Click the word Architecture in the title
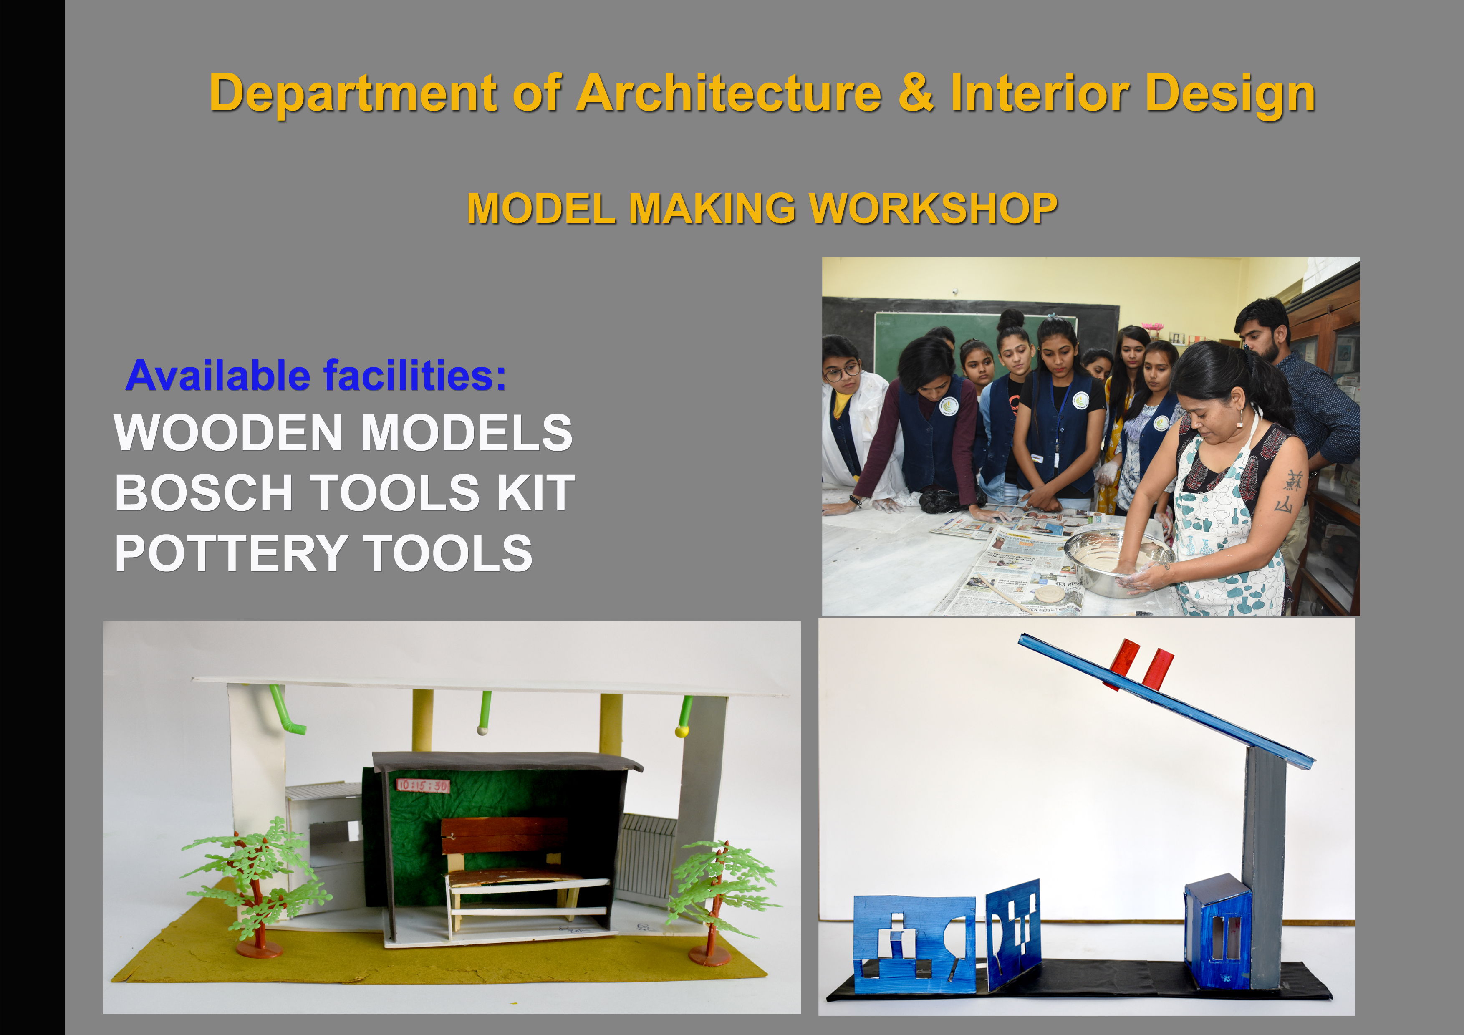[729, 93]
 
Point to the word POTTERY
[231, 553]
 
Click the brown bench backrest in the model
[504, 835]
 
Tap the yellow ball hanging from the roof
[682, 731]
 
